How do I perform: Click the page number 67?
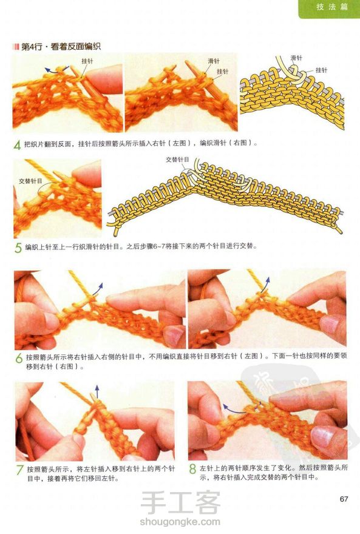tap(344, 499)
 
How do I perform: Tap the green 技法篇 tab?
tap(329, 8)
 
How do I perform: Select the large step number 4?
tap(18, 145)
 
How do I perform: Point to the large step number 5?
tap(18, 248)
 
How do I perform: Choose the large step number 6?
tap(19, 358)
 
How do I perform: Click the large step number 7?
tap(20, 470)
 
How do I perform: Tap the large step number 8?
tap(192, 469)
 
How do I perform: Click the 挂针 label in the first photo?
tap(87, 61)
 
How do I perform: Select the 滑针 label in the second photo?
tap(214, 61)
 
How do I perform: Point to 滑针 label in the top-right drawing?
tap(297, 58)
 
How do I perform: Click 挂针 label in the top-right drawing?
tap(321, 70)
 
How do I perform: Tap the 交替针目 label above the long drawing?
tap(177, 160)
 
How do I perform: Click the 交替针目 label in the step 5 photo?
tap(30, 181)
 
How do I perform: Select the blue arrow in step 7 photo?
tap(97, 391)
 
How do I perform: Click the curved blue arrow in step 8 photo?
tap(239, 408)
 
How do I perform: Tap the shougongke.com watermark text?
tap(180, 522)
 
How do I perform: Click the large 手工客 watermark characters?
tap(180, 502)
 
